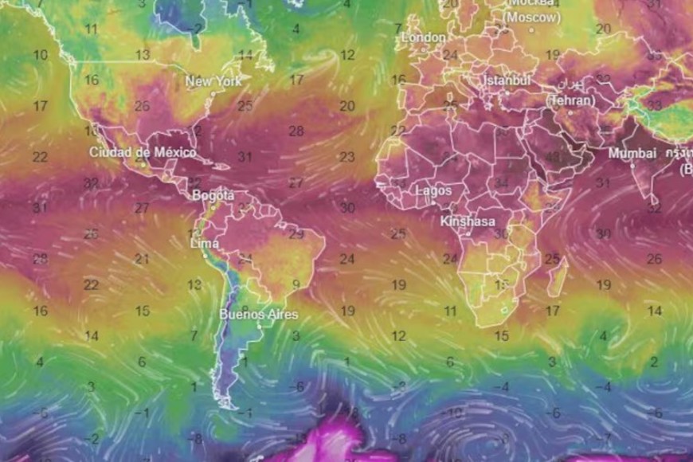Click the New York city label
[x=213, y=81]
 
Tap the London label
[x=424, y=37]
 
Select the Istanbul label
[x=506, y=81]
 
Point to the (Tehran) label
[x=570, y=101]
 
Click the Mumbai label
[x=632, y=153]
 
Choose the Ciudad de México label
[x=143, y=152]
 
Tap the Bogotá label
[x=213, y=195]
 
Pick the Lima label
[x=205, y=243]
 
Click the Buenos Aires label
[x=259, y=314]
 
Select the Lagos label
[x=433, y=191]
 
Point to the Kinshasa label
[x=468, y=221]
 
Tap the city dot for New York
[x=213, y=93]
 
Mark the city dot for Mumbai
[x=633, y=165]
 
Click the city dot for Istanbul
[x=505, y=92]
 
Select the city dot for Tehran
[x=570, y=112]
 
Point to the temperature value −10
[x=454, y=413]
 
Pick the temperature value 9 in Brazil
[x=296, y=284]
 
